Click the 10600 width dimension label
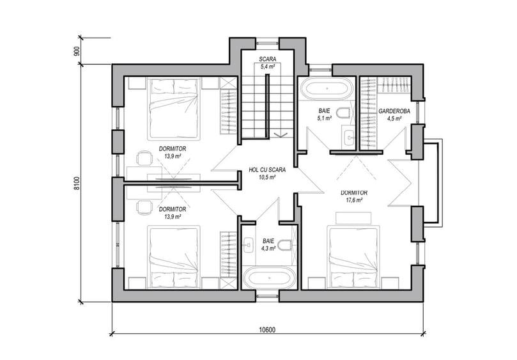pyautogui.click(x=267, y=330)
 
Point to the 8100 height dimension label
pyautogui.click(x=77, y=184)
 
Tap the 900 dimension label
pyautogui.click(x=77, y=51)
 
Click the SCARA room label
pyautogui.click(x=267, y=59)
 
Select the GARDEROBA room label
pyautogui.click(x=394, y=111)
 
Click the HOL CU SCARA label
pyautogui.click(x=267, y=170)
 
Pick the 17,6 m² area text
pyautogui.click(x=354, y=200)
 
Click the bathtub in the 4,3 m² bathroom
pyautogui.click(x=270, y=278)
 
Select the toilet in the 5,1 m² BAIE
pyautogui.click(x=345, y=113)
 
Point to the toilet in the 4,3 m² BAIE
pyautogui.click(x=284, y=245)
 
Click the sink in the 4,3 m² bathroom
pyautogui.click(x=248, y=245)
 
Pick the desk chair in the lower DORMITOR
pyautogui.click(x=144, y=207)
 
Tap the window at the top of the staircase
pyautogui.click(x=267, y=42)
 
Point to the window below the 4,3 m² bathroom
pyautogui.click(x=267, y=295)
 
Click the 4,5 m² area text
pyautogui.click(x=394, y=118)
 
